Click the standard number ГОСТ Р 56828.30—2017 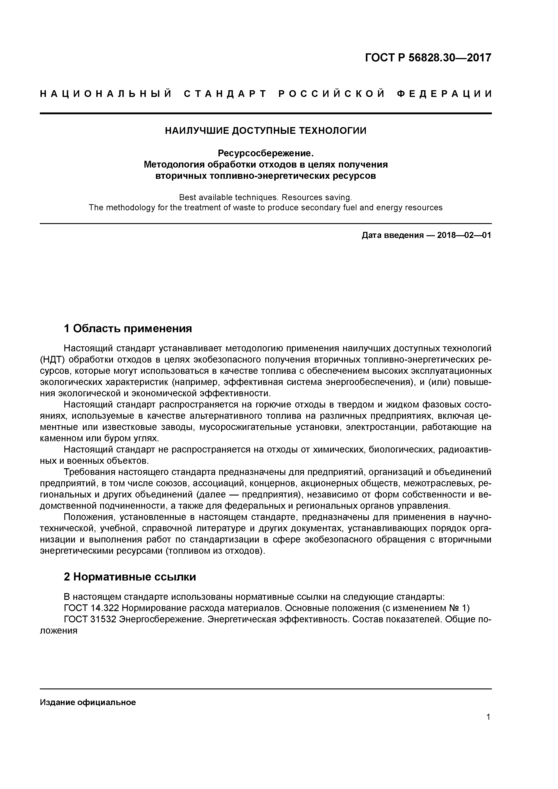(428, 58)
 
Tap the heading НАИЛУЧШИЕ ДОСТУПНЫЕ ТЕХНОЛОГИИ (265, 131)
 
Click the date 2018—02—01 (464, 235)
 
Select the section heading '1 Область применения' (128, 329)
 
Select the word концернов (273, 484)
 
